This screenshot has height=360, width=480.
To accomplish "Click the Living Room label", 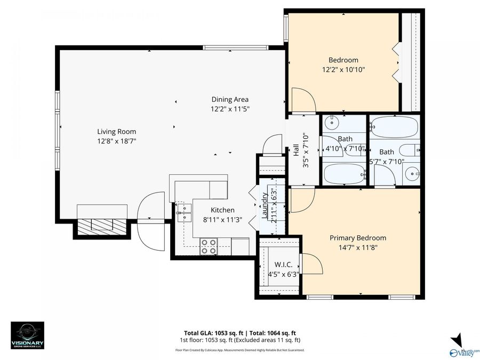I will coord(116,132).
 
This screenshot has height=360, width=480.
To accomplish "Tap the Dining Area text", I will coord(230,99).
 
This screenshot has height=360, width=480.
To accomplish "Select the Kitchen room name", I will coord(222,210).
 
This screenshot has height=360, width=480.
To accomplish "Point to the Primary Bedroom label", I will coord(357,238).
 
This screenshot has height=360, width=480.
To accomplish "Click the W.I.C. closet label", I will coord(283,265).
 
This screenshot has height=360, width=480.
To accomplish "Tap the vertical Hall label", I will coord(296,151).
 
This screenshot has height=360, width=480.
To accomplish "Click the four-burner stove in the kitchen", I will coord(209,246).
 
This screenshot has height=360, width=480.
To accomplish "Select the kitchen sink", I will coord(183,211).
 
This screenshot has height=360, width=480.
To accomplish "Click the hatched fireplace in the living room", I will coord(102,226).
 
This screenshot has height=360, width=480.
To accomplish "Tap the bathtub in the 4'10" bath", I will coord(345,174).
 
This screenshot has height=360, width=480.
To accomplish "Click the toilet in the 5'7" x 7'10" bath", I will coord(409,150).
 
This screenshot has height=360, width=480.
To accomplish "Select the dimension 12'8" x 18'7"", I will coord(116,141).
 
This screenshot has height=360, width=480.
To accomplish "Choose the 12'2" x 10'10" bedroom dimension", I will coord(343,69).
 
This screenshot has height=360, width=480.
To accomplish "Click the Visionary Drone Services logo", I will coord(28,335).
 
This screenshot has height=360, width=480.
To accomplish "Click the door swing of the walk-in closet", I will coord(311,264).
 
